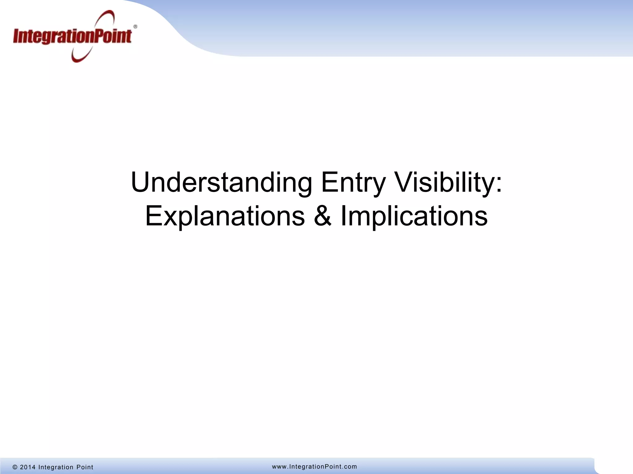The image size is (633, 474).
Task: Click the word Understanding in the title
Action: (221, 183)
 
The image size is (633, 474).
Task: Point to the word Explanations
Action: (225, 216)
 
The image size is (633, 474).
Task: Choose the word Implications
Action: (414, 216)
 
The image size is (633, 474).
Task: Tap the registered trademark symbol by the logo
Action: (135, 27)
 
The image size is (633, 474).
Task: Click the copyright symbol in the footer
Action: (15, 467)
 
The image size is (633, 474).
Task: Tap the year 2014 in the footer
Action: (28, 467)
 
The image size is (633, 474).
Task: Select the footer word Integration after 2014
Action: (56, 467)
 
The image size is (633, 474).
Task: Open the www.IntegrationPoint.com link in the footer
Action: (314, 467)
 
